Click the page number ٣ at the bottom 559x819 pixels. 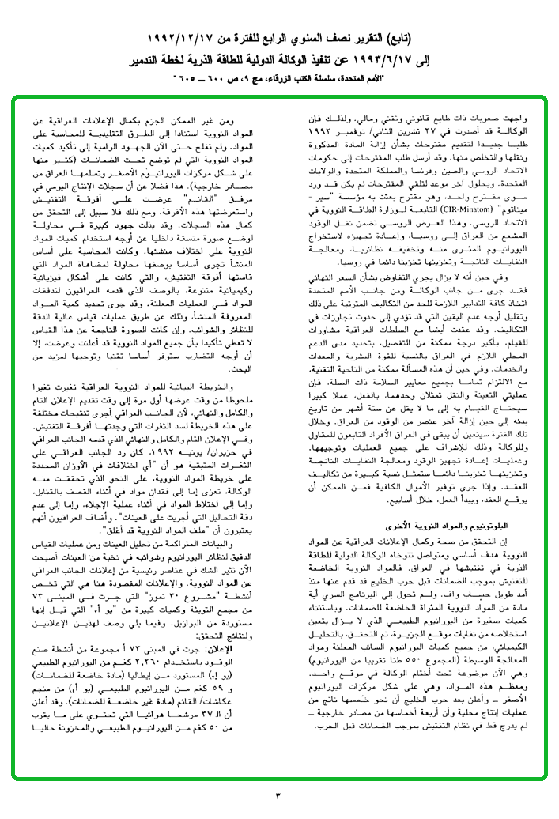(x=278, y=794)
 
